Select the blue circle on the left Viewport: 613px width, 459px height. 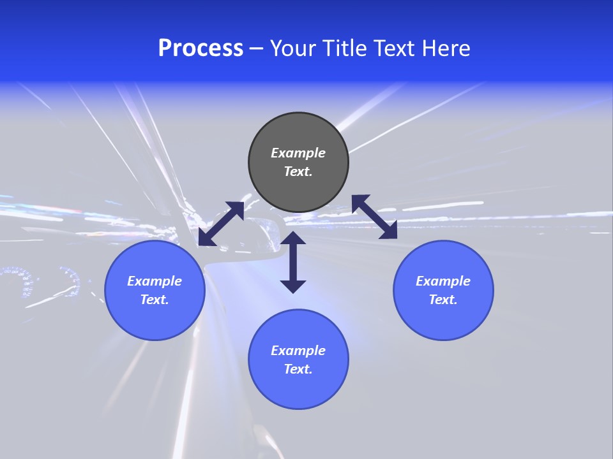pos(155,319)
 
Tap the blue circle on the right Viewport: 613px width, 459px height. pos(443,319)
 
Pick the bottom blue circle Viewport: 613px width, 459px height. pos(298,389)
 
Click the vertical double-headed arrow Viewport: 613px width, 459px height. pos(293,262)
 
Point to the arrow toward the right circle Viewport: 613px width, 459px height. pos(374,217)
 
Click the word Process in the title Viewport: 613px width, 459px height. pos(201,48)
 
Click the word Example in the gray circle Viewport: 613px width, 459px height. pos(298,153)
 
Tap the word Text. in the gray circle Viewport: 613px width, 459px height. pos(298,171)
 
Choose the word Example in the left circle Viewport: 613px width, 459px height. pos(155,281)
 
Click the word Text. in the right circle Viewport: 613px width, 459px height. pos(443,300)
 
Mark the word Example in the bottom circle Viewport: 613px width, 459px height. pos(298,351)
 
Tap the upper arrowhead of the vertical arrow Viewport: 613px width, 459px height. pos(293,238)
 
